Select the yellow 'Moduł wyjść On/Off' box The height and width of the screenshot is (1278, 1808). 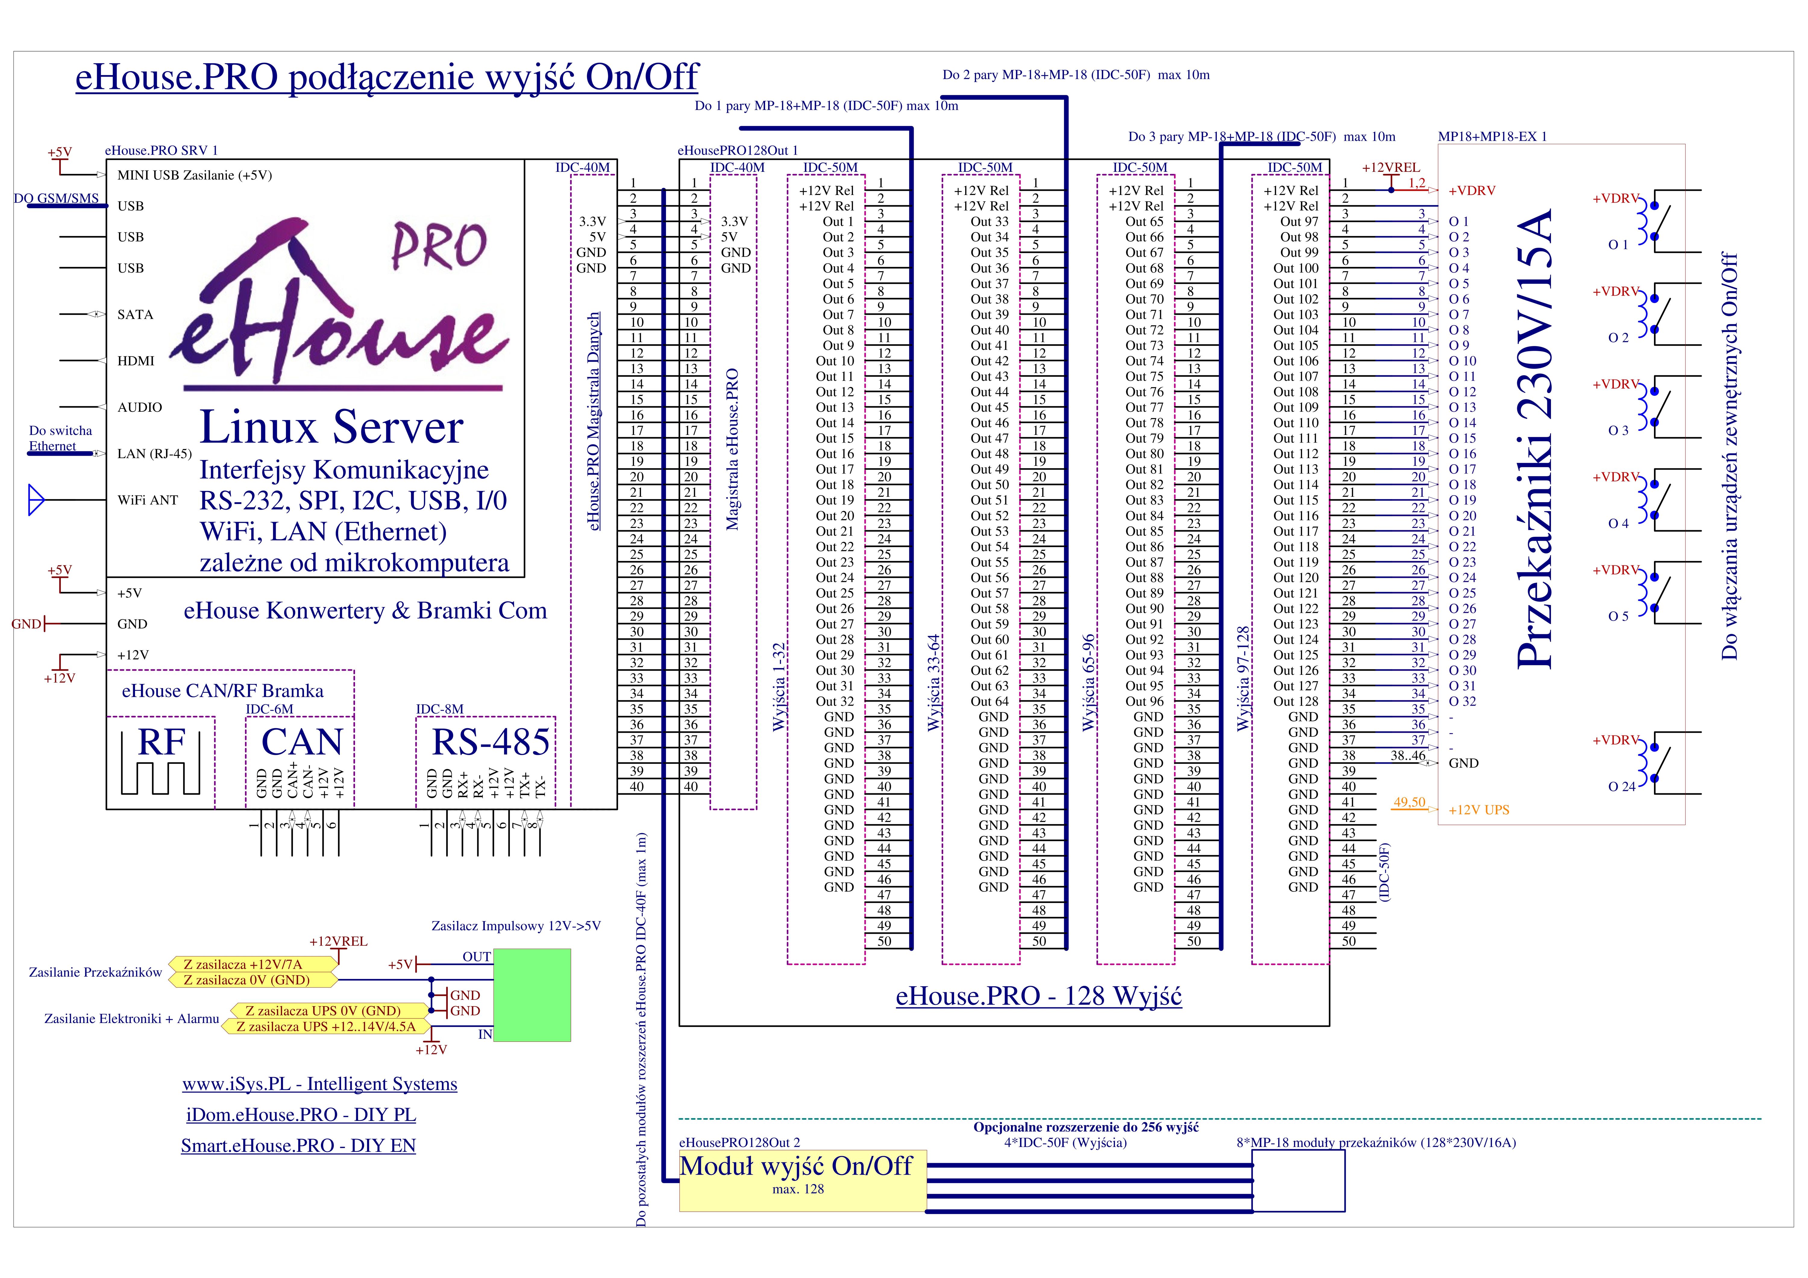(x=802, y=1180)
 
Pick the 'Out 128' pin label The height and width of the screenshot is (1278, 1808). (x=1295, y=702)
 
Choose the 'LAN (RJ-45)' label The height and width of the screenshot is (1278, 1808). (x=154, y=454)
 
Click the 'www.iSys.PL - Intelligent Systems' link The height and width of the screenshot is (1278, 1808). (x=320, y=1084)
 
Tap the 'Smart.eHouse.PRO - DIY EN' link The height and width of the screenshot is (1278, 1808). (x=298, y=1146)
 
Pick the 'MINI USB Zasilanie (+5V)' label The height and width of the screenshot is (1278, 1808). (x=194, y=175)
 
